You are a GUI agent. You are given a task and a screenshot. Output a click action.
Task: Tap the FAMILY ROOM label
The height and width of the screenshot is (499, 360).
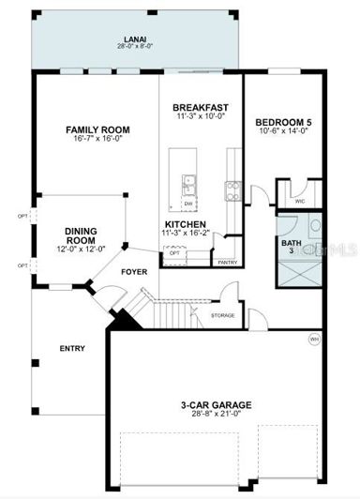click(97, 129)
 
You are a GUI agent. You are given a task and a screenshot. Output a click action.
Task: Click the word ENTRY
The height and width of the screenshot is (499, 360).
click(72, 349)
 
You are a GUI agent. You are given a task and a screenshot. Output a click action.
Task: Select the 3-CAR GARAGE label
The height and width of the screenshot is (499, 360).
click(217, 405)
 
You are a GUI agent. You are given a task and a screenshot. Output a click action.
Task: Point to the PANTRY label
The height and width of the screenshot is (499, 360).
click(227, 263)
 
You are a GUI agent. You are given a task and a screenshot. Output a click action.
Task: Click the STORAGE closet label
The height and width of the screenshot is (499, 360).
click(222, 314)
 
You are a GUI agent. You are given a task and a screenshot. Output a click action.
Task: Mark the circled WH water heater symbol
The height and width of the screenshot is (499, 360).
click(315, 339)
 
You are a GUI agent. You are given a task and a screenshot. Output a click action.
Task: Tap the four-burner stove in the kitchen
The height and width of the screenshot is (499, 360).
click(230, 191)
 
